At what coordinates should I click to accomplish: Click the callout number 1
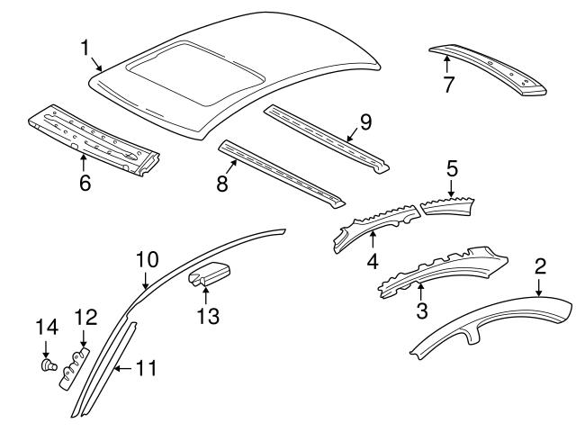85,48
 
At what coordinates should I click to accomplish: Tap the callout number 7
448,85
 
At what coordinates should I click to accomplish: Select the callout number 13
208,316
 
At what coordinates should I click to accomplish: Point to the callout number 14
47,327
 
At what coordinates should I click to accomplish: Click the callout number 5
452,168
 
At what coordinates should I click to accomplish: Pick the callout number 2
540,266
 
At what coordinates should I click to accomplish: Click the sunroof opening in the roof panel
195,73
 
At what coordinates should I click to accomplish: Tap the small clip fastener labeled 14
48,365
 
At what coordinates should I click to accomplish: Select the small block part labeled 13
209,274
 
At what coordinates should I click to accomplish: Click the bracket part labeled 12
75,368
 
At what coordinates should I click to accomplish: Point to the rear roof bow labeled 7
488,70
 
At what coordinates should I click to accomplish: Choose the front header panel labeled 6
94,140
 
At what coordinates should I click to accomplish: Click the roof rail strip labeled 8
282,174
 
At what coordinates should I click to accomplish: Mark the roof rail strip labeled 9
327,139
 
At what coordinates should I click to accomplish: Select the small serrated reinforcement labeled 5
447,206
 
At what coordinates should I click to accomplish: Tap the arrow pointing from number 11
124,368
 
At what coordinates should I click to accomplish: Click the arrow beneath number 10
146,281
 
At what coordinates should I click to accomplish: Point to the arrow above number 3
420,292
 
